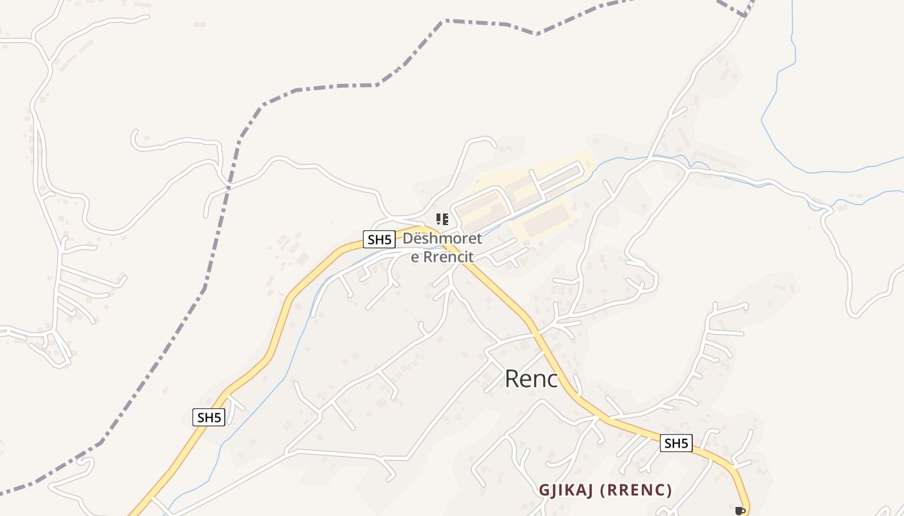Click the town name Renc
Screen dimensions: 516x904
pos(531,379)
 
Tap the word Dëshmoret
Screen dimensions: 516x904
pos(442,239)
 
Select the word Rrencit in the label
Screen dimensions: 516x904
pos(449,257)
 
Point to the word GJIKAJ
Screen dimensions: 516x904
pos(566,490)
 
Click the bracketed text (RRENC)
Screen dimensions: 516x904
pos(636,490)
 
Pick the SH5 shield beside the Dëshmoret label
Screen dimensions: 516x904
pos(379,240)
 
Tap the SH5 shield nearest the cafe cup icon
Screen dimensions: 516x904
pos(676,443)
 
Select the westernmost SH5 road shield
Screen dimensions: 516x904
pos(209,417)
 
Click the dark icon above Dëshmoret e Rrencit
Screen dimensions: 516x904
pos(442,219)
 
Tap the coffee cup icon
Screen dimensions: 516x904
pos(740,511)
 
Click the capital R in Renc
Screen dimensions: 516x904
pos(511,379)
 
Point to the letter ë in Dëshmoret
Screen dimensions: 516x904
pos(419,239)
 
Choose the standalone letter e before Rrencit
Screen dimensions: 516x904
pos(415,257)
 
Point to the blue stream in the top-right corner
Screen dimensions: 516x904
pos(775,97)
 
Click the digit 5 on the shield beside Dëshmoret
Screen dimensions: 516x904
pos(388,240)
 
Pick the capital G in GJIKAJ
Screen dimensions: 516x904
pos(544,490)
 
